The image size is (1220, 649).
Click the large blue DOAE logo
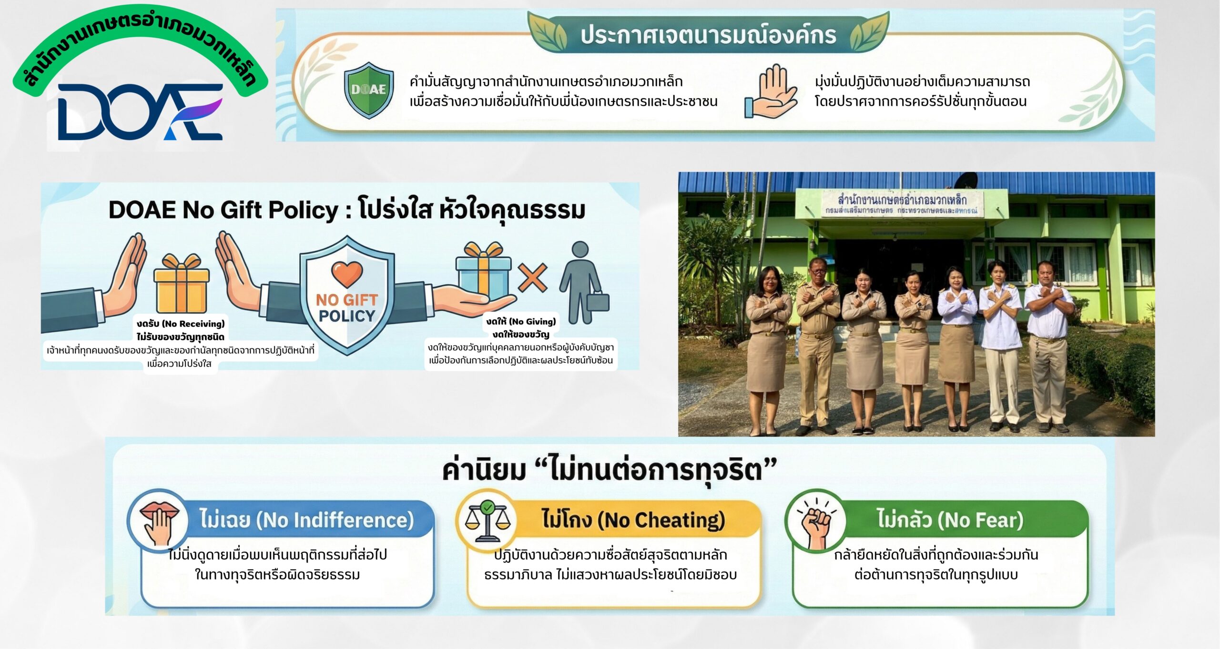(x=140, y=112)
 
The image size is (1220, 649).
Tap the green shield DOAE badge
(x=369, y=90)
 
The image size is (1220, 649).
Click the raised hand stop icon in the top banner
(x=770, y=91)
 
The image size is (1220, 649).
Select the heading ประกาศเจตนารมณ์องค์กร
(x=708, y=35)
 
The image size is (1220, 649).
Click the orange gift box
(x=182, y=284)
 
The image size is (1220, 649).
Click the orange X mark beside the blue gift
(x=532, y=277)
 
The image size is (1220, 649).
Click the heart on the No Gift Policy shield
(x=347, y=274)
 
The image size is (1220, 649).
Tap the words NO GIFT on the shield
(x=347, y=300)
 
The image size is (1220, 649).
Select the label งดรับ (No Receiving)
(x=181, y=324)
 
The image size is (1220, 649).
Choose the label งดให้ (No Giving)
(x=521, y=322)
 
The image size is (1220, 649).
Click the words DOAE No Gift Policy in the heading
(x=224, y=210)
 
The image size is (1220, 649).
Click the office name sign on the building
(x=902, y=204)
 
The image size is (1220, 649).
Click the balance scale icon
(x=487, y=522)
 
